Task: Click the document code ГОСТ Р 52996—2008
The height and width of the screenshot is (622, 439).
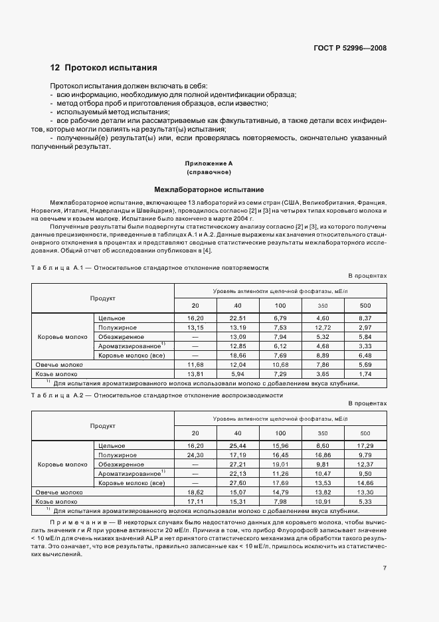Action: click(351, 48)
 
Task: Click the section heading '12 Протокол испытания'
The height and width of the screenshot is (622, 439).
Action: click(104, 68)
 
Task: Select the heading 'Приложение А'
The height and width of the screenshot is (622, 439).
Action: click(209, 163)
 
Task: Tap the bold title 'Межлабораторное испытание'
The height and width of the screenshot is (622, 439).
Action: click(209, 189)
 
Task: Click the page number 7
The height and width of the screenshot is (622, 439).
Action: click(385, 568)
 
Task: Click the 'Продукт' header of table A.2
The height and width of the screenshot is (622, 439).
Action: click(103, 426)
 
